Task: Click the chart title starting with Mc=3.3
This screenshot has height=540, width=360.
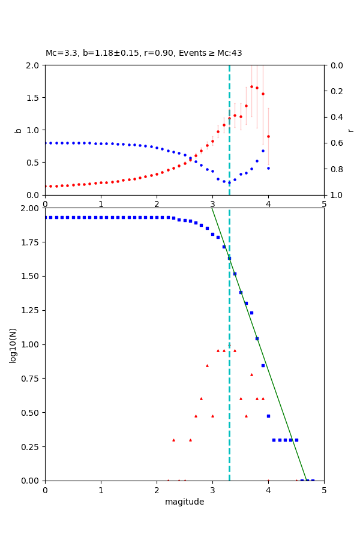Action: pyautogui.click(x=144, y=53)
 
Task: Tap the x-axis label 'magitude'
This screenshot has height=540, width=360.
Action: pyautogui.click(x=184, y=502)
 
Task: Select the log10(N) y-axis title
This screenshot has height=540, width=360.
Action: pyautogui.click(x=13, y=344)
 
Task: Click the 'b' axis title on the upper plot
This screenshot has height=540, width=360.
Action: pyautogui.click(x=18, y=130)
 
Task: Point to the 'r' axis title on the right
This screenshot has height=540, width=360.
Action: pyautogui.click(x=350, y=130)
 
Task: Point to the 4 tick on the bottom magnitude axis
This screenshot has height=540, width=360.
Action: pyautogui.click(x=268, y=490)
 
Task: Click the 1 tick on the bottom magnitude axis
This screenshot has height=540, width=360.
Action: pyautogui.click(x=101, y=490)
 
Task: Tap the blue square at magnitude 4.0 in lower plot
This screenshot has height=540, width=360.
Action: pyautogui.click(x=268, y=416)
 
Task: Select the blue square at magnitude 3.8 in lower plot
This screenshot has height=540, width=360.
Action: pyautogui.click(x=257, y=338)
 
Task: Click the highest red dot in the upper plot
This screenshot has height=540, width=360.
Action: pyautogui.click(x=251, y=86)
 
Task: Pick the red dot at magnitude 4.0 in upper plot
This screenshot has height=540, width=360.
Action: pyautogui.click(x=268, y=136)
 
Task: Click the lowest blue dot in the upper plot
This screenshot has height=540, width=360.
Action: pyautogui.click(x=229, y=182)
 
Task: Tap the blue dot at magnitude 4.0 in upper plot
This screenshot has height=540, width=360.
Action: pyautogui.click(x=268, y=168)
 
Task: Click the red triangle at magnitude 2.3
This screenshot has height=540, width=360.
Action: pyautogui.click(x=173, y=440)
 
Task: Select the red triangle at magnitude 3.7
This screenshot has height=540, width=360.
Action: pyautogui.click(x=251, y=374)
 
